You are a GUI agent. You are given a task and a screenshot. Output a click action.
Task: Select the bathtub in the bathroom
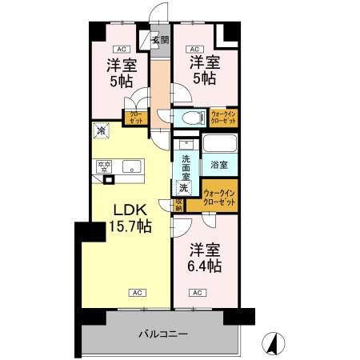click(219, 145)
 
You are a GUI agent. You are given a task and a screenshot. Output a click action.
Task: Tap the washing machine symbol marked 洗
click(184, 188)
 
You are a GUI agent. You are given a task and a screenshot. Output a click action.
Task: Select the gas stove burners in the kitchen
click(103, 167)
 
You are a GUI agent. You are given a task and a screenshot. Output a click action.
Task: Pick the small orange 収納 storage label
click(178, 204)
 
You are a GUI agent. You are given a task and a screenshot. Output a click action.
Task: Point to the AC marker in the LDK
click(138, 292)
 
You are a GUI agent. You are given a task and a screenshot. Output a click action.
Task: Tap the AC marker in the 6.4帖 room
click(196, 292)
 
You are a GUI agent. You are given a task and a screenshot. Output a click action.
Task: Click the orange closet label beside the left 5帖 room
click(133, 117)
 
